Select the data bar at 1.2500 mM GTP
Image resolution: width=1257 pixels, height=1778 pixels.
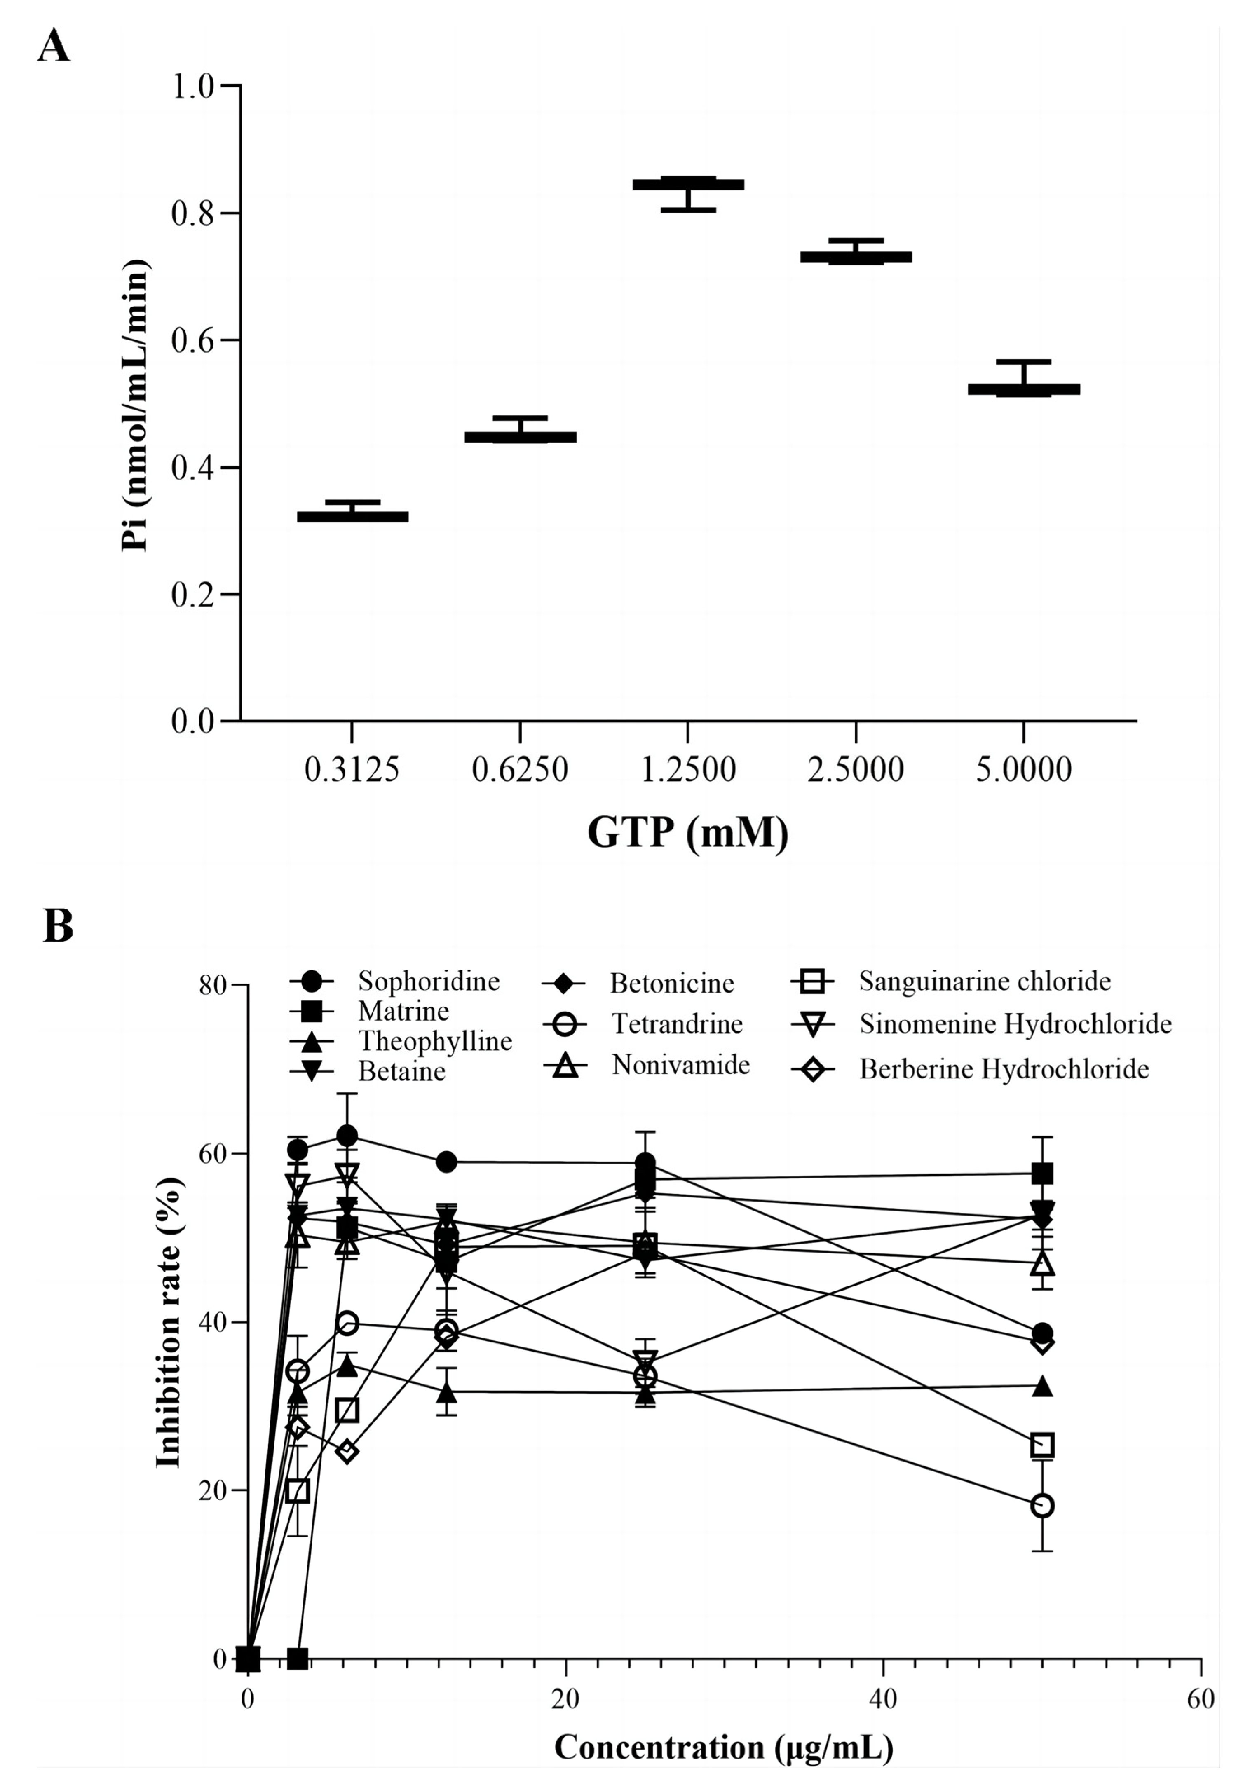click(x=688, y=184)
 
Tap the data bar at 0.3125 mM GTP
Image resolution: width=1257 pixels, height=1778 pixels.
click(x=352, y=517)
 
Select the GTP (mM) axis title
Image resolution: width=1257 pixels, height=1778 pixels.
click(x=688, y=832)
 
